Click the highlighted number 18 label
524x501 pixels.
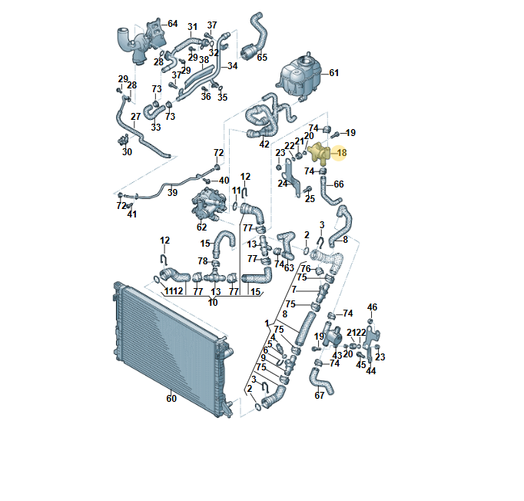click(x=342, y=153)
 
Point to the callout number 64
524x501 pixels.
click(x=172, y=23)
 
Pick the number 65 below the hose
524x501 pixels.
click(x=262, y=58)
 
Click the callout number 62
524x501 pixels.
click(x=202, y=227)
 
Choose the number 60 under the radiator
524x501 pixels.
click(x=171, y=398)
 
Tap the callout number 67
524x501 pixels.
click(x=320, y=396)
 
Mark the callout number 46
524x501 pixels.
click(x=373, y=307)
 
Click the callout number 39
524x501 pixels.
click(x=172, y=193)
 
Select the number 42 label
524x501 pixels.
click(x=264, y=144)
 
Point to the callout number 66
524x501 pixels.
click(x=339, y=184)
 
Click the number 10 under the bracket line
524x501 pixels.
click(x=213, y=303)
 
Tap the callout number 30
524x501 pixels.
click(x=127, y=152)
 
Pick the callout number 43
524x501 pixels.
click(x=337, y=355)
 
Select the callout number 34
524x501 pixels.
click(x=233, y=66)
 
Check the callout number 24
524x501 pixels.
click(x=283, y=184)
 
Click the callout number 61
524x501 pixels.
click(x=333, y=74)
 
